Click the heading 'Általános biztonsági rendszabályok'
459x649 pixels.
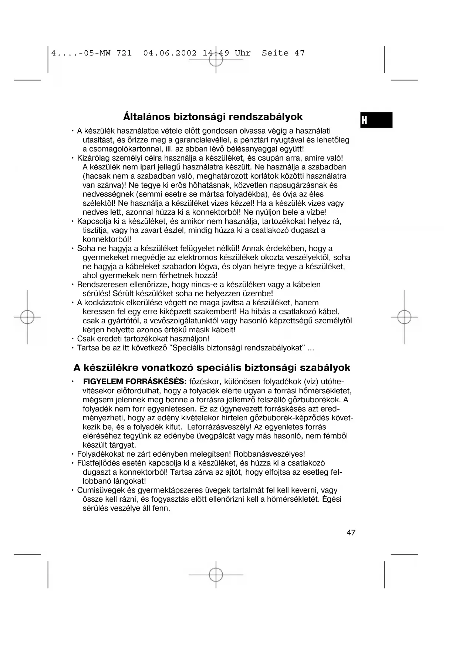(213, 117)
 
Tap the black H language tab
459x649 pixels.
(376, 120)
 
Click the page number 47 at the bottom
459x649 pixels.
(351, 532)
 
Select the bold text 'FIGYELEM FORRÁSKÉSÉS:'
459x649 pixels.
(135, 381)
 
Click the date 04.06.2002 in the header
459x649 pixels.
(170, 53)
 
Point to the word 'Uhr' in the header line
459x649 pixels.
(243, 53)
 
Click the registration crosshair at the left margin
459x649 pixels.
(27, 317)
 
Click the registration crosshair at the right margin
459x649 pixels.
(404, 317)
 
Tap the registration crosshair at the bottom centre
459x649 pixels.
(216, 575)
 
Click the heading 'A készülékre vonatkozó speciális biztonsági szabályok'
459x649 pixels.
(212, 368)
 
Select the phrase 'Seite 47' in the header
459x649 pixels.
(283, 53)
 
